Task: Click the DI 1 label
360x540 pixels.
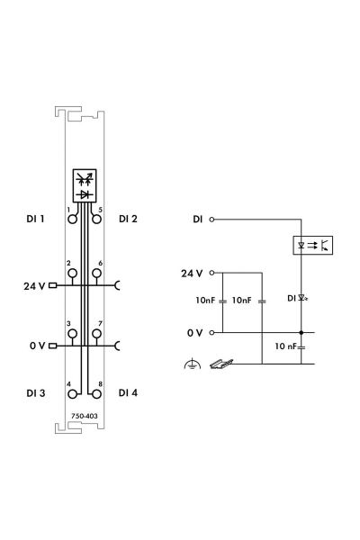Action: coord(35,219)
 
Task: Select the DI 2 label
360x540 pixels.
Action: coord(128,219)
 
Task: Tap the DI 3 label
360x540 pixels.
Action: coord(35,393)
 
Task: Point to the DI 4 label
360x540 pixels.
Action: coord(128,392)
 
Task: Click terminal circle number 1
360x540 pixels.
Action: coord(72,219)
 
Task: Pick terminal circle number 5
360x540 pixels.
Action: coord(97,219)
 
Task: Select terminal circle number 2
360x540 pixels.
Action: coord(72,274)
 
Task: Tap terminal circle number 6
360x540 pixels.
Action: coord(97,274)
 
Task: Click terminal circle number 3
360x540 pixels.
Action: coord(72,334)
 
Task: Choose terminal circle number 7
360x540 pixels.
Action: coord(97,334)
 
